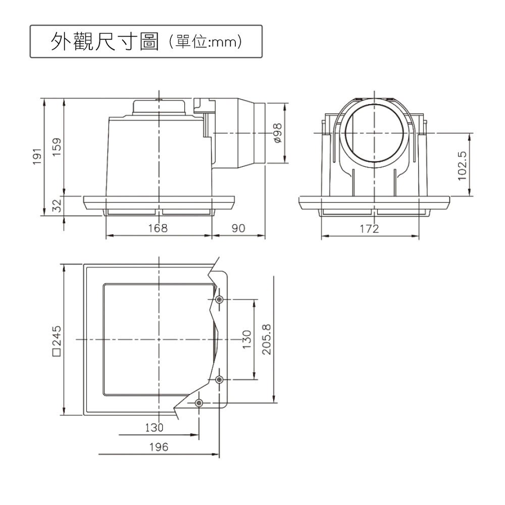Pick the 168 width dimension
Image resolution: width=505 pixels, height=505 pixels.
(158, 229)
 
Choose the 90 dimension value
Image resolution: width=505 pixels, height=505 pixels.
(238, 229)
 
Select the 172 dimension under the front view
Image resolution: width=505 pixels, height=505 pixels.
(369, 229)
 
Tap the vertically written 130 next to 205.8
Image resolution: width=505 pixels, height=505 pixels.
(246, 339)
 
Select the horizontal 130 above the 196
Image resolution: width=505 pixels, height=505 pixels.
(154, 427)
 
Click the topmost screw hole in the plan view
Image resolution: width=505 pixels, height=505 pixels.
(219, 299)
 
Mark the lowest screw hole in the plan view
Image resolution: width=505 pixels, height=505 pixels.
(198, 402)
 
